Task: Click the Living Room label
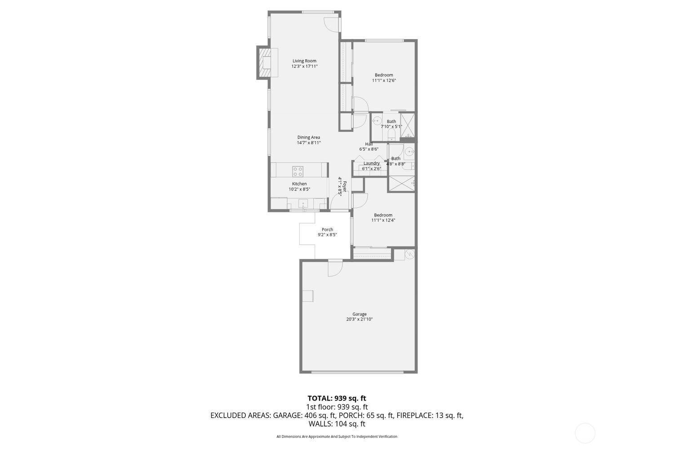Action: pos(304,61)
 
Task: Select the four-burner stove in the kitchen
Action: pos(297,171)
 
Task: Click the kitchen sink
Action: pos(304,203)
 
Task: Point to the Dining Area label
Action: pos(309,137)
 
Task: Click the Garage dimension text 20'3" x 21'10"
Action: pos(359,320)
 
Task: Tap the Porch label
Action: pos(327,229)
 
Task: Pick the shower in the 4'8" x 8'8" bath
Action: pos(401,184)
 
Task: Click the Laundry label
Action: pos(372,163)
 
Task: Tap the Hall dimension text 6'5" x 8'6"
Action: pos(368,149)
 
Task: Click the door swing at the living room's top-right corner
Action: pos(331,25)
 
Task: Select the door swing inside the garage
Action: pos(334,268)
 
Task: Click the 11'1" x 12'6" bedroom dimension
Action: pos(384,81)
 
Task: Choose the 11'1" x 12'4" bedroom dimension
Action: pos(383,220)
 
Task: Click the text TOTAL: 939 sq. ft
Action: pos(337,398)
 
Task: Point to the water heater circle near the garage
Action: pos(409,254)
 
